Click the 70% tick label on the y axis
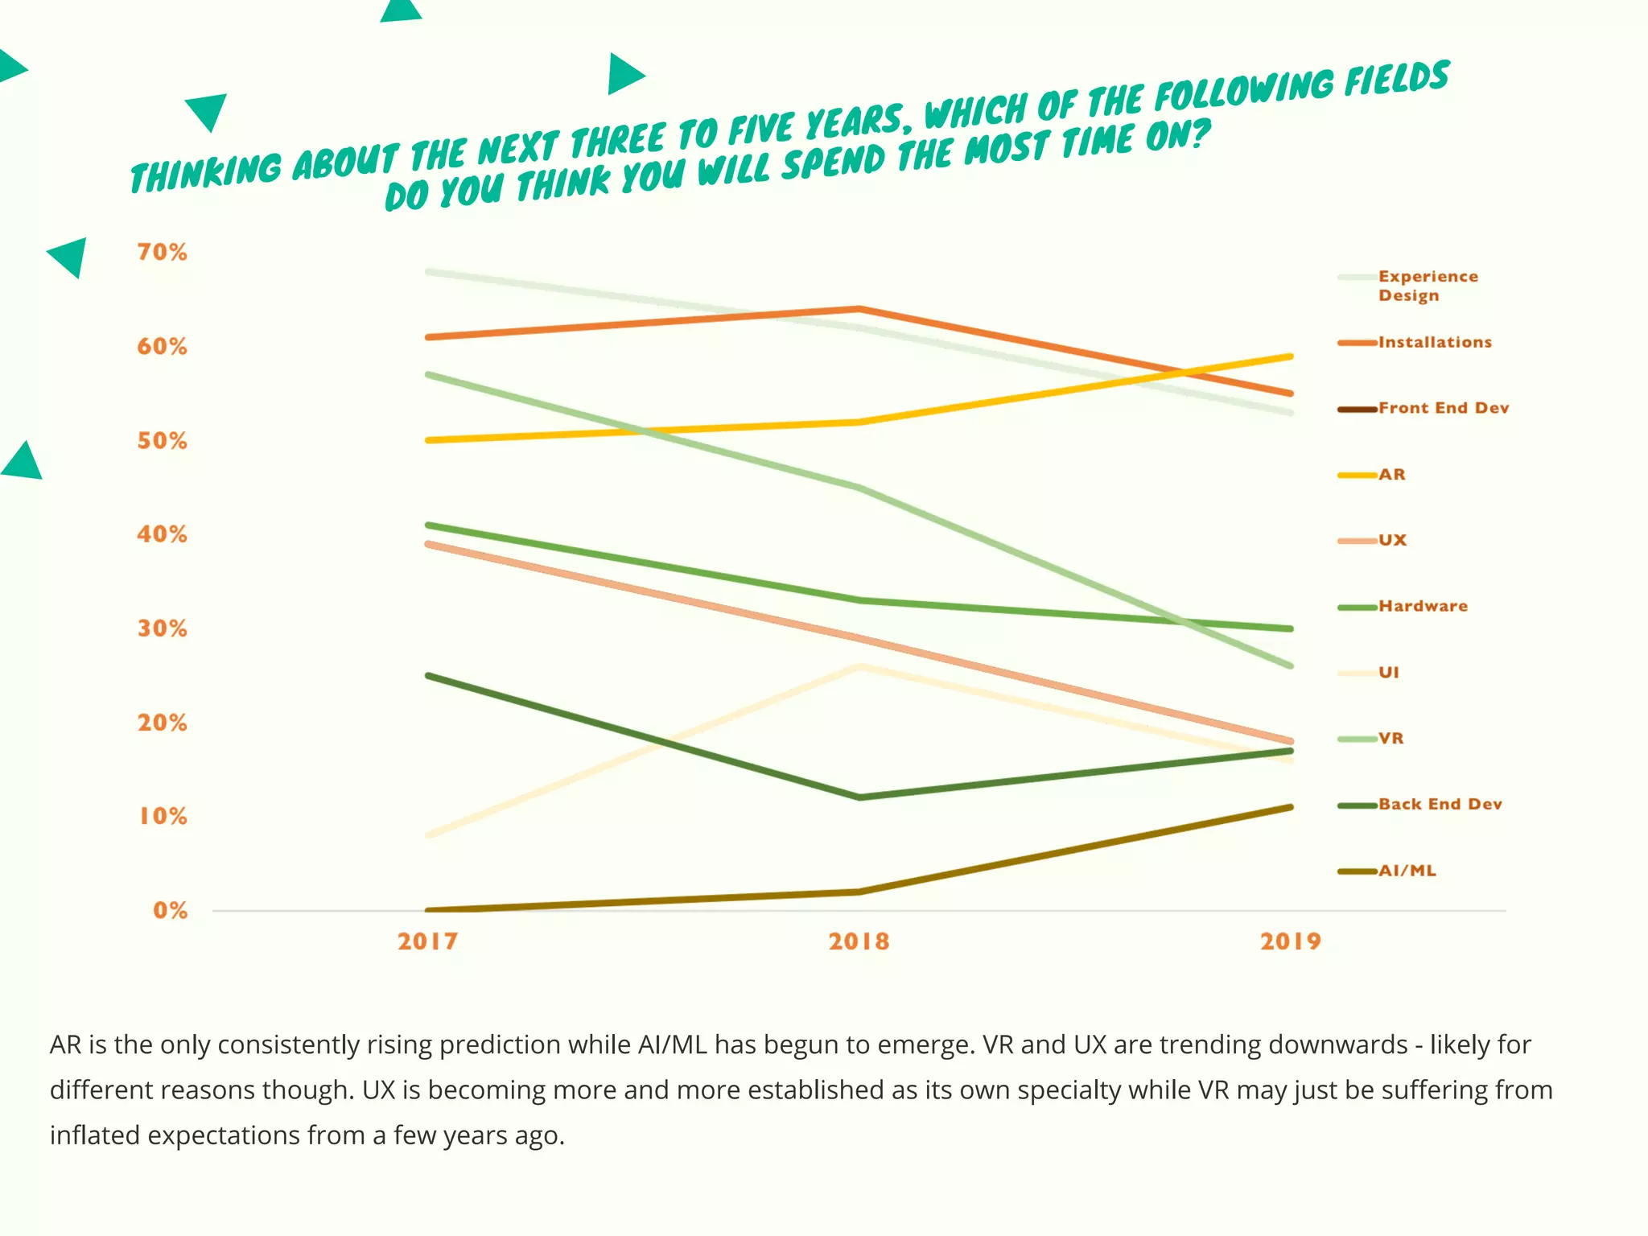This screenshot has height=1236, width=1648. point(162,252)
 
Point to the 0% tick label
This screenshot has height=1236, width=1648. point(170,910)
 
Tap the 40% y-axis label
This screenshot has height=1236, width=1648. point(162,534)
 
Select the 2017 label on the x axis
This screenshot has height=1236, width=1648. point(427,941)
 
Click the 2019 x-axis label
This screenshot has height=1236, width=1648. point(1290,941)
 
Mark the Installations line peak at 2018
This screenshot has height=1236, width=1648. point(859,309)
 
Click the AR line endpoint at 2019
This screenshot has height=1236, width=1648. point(1290,356)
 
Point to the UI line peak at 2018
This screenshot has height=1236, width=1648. point(859,666)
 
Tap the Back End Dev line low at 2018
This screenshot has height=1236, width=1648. point(859,797)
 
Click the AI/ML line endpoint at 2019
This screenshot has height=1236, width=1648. point(1290,807)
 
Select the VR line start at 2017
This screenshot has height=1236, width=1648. point(429,375)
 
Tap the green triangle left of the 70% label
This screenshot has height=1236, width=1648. point(70,257)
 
